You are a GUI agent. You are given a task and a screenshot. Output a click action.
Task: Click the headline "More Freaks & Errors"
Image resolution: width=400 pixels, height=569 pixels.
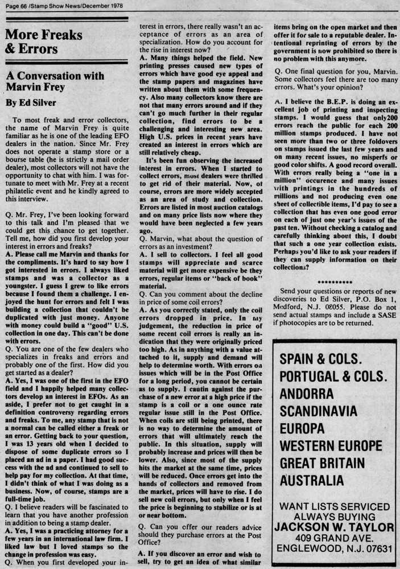click(x=43, y=42)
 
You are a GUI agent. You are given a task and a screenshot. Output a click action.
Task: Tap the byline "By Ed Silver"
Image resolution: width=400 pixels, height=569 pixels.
click(x=32, y=104)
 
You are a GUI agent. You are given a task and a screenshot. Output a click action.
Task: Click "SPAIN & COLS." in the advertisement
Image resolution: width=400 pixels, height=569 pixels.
click(x=320, y=359)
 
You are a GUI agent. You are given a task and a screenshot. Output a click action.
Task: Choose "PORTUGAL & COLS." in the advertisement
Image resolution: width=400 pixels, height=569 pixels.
click(x=333, y=376)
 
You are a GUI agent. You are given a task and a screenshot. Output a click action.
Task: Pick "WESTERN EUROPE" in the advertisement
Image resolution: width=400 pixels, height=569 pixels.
click(x=331, y=445)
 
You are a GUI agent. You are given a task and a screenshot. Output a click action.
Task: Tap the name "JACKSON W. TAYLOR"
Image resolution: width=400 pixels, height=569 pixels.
click(x=334, y=526)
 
